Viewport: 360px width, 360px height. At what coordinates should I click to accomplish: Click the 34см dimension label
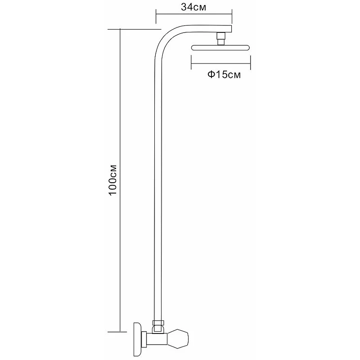pyautogui.click(x=193, y=7)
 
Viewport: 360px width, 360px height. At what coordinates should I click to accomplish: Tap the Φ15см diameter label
pyautogui.click(x=224, y=75)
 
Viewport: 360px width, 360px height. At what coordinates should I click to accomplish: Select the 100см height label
pyautogui.click(x=113, y=180)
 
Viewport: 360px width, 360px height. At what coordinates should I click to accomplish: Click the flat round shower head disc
pyautogui.click(x=220, y=48)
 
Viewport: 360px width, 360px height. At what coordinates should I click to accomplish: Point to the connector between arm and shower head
pyautogui.click(x=221, y=39)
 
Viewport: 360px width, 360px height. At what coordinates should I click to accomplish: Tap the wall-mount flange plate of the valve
pyautogui.click(x=137, y=339)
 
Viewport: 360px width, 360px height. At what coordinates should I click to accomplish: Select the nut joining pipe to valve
pyautogui.click(x=158, y=323)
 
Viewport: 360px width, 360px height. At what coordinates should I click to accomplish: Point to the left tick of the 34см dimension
pyautogui.click(x=156, y=16)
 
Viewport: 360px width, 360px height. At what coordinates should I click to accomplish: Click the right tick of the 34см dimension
pyautogui.click(x=232, y=16)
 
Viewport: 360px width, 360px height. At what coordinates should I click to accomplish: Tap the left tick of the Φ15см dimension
pyautogui.click(x=191, y=62)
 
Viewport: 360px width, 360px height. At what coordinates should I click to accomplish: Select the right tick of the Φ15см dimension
pyautogui.click(x=251, y=62)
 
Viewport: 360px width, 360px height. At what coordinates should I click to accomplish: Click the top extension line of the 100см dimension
pyautogui.click(x=135, y=29)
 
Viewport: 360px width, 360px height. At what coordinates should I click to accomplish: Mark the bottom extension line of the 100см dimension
pyautogui.click(x=117, y=332)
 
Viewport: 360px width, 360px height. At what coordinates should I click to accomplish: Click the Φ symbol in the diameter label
pyautogui.click(x=211, y=75)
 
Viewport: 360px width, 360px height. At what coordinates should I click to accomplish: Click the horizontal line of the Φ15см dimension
pyautogui.click(x=221, y=63)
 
